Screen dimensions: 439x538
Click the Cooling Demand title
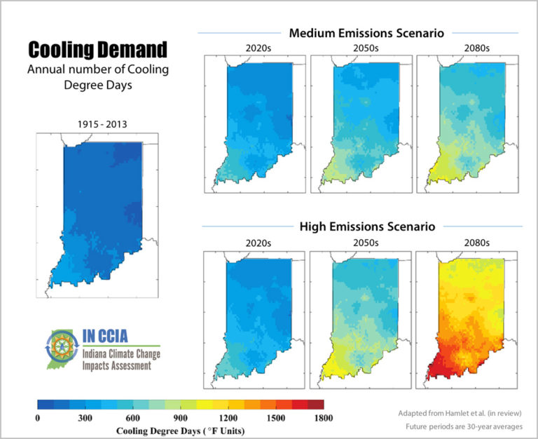click(x=97, y=49)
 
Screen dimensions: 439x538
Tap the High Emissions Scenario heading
click(x=362, y=227)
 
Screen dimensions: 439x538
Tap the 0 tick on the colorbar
click(x=38, y=418)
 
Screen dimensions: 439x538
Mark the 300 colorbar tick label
click(x=85, y=418)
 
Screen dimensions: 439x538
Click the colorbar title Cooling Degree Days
click(x=180, y=429)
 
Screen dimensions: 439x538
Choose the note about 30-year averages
click(x=464, y=425)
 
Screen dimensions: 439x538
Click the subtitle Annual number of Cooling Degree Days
click(x=97, y=76)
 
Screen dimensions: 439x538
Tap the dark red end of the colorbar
click(x=317, y=405)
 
